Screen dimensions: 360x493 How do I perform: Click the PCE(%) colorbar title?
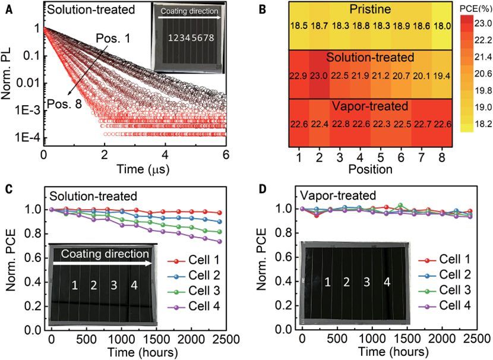coord(472,8)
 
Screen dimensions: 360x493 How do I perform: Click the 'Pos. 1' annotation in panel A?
coord(111,39)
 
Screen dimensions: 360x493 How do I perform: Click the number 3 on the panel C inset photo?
coord(113,285)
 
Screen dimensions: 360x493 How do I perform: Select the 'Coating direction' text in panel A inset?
coord(187,12)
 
